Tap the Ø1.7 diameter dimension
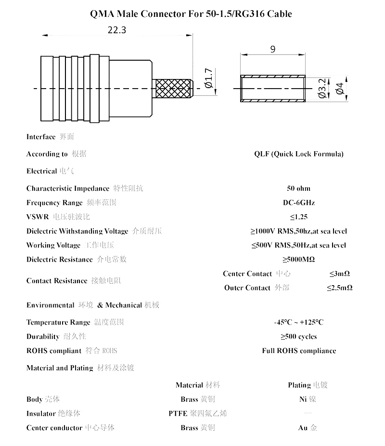pyautogui.click(x=208, y=79)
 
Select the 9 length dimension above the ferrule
pyautogui.click(x=273, y=49)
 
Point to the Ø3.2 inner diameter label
pyautogui.click(x=322, y=89)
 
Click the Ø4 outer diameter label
pyautogui.click(x=340, y=89)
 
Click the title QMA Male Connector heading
pyautogui.click(x=191, y=14)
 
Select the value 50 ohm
pyautogui.click(x=298, y=188)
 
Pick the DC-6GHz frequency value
pyautogui.click(x=298, y=203)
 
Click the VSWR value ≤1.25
pyautogui.click(x=298, y=217)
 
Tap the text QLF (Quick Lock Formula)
pyautogui.click(x=299, y=154)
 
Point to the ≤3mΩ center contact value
pyautogui.click(x=339, y=274)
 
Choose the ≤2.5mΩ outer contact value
pyautogui.click(x=339, y=288)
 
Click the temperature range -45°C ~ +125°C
pyautogui.click(x=298, y=322)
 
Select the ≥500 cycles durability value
pyautogui.click(x=298, y=337)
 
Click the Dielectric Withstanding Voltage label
pyautogui.click(x=77, y=231)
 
